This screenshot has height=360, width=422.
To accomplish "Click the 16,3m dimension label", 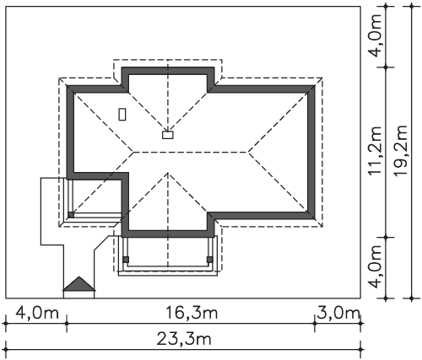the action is click(192, 313).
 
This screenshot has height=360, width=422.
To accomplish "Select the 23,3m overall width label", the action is click(184, 339).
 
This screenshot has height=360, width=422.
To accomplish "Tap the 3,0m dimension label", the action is click(338, 313).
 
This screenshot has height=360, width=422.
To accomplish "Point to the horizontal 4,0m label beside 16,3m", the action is click(37, 313).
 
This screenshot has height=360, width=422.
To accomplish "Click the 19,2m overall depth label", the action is click(401, 150).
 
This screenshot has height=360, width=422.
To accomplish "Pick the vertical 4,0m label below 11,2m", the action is click(376, 266).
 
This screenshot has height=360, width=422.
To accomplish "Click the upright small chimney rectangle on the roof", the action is click(122, 115).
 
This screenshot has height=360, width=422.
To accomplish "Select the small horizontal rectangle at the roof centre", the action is click(168, 135).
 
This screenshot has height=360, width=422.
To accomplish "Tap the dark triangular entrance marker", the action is click(79, 283).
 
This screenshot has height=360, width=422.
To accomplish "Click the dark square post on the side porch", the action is click(71, 215).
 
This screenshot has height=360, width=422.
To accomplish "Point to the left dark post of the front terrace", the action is click(126, 260).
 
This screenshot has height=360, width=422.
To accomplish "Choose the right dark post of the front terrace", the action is click(209, 260).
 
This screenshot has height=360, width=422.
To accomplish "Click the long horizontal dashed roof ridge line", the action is click(191, 152).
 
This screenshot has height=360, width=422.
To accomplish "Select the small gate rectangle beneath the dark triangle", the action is click(79, 294).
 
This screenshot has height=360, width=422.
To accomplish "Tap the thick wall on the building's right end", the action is click(311, 152).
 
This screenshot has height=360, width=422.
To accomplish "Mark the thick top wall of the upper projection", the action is click(168, 71).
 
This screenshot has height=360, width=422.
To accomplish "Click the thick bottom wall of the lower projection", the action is click(168, 234).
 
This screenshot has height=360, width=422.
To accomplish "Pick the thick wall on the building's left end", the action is click(70, 132).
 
